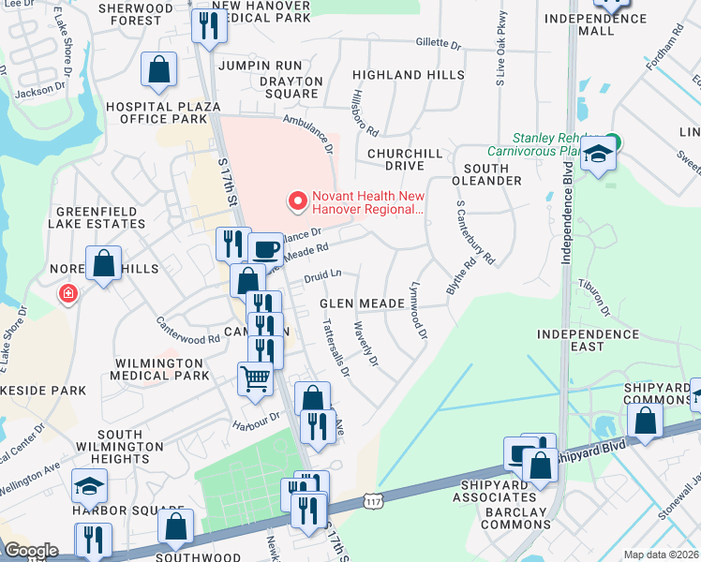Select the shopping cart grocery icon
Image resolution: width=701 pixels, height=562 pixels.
point(255,379)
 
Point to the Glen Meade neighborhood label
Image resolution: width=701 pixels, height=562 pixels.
point(362,303)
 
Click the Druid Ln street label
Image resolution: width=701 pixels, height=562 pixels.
point(321,274)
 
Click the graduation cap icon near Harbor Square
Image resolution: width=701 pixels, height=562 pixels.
point(90,486)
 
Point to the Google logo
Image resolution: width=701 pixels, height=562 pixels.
point(30,551)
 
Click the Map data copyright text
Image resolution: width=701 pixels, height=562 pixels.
point(662,555)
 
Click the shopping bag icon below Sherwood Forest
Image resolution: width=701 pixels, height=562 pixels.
point(158,69)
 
